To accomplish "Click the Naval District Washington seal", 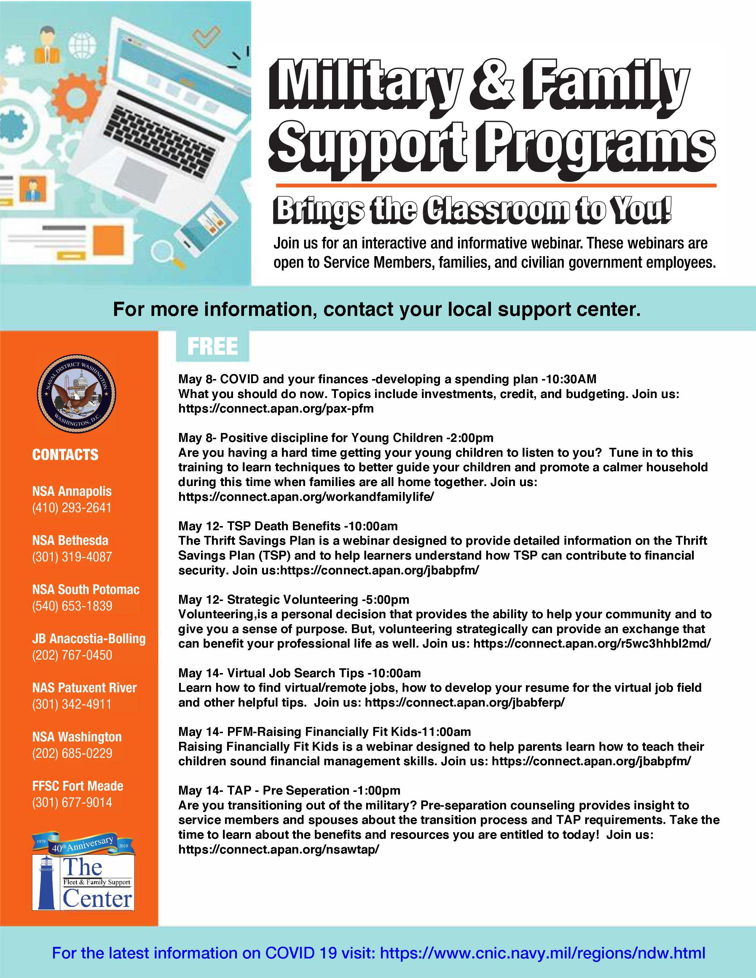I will point(76,394).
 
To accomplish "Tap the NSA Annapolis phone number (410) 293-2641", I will point(72,508).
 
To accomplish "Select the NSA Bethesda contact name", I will point(70,541).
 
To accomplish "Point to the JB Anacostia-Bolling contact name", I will point(89,639).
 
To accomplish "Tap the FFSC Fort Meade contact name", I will point(77,786).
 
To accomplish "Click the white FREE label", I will point(212,346).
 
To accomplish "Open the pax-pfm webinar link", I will point(276,408).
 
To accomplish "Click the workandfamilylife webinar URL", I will point(306,497).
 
